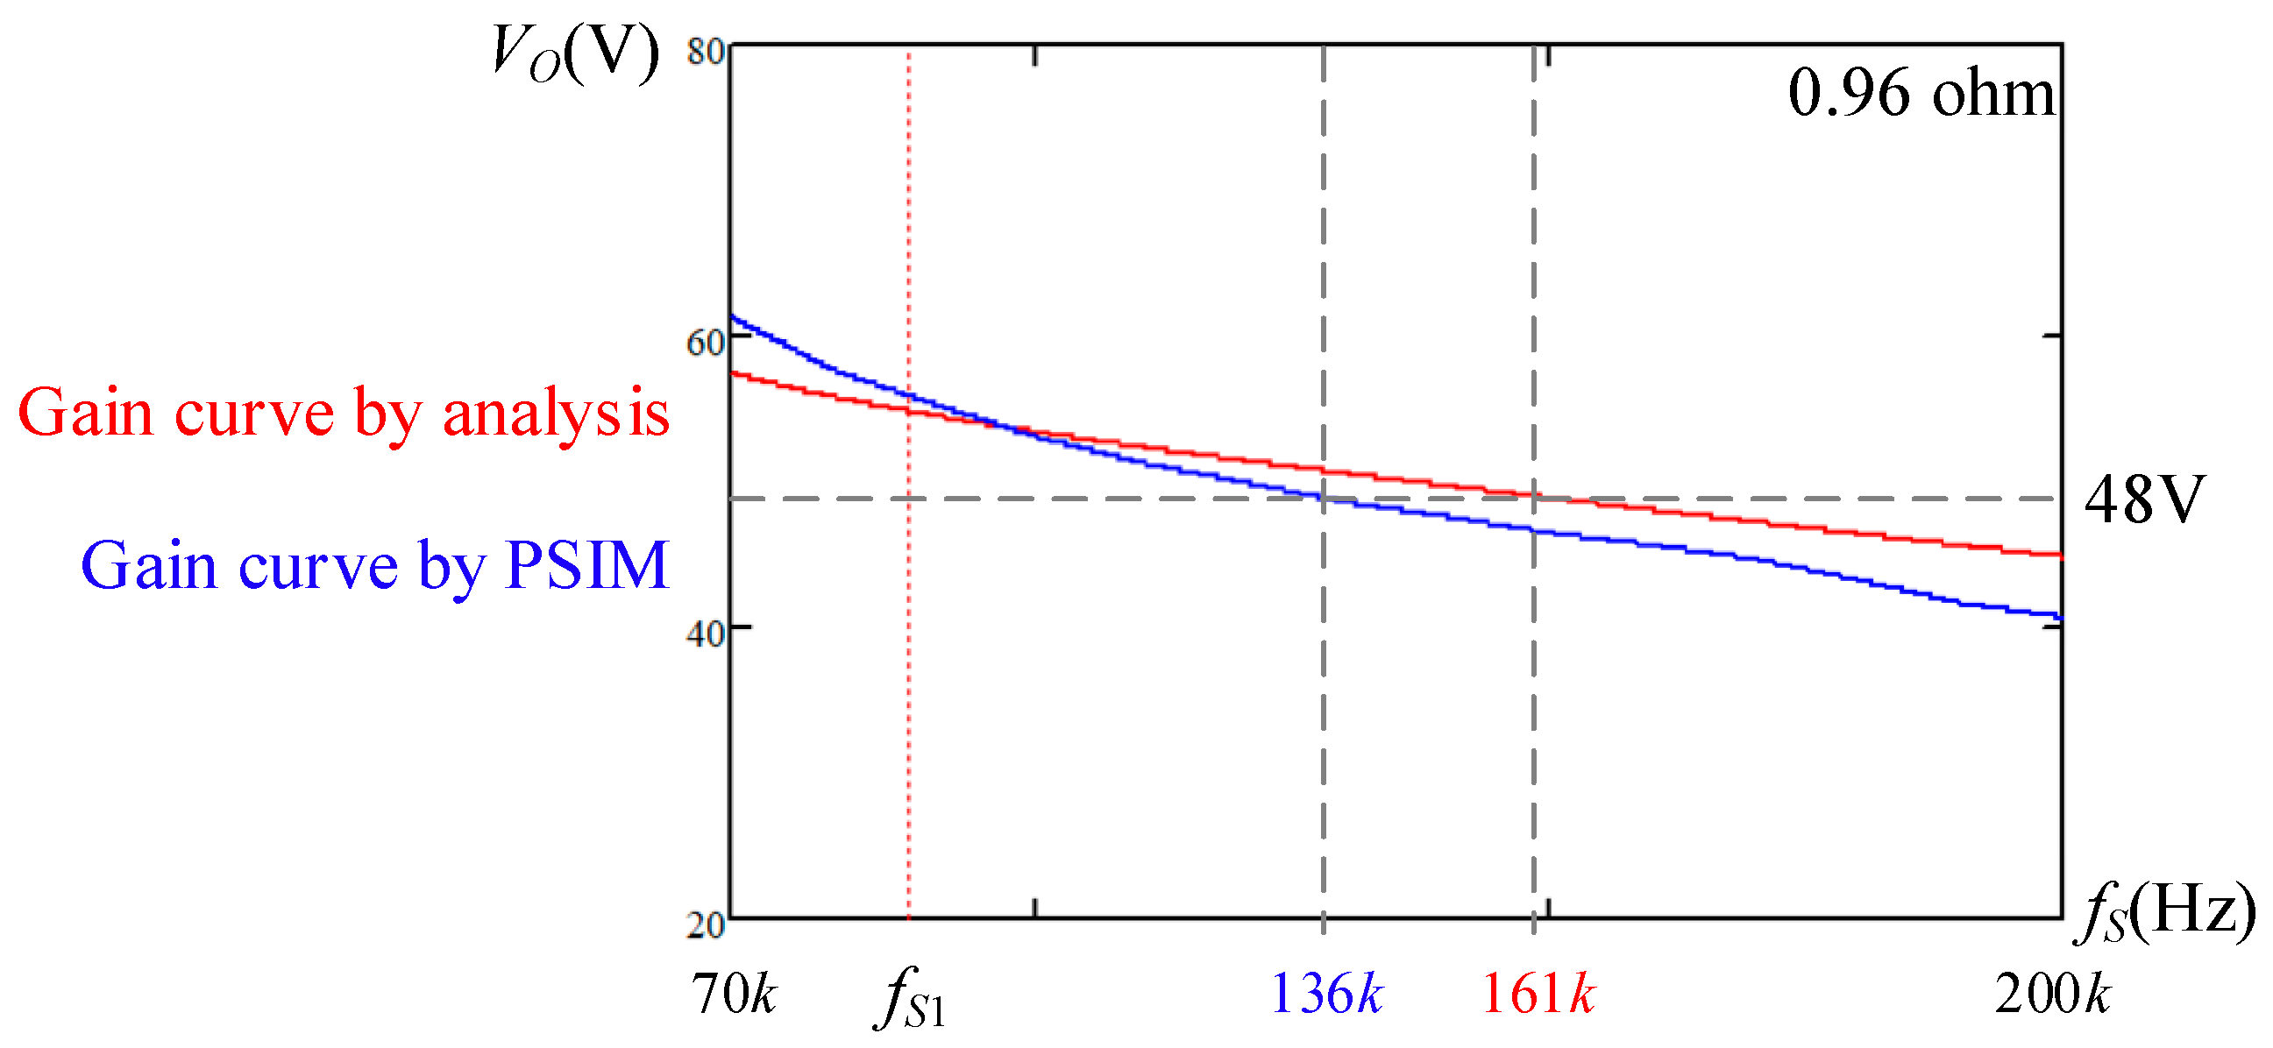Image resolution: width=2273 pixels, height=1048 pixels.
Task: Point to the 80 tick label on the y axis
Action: click(706, 52)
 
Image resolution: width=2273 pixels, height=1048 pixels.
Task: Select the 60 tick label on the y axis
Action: click(706, 343)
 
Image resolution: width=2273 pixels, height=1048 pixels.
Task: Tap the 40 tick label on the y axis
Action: click(706, 633)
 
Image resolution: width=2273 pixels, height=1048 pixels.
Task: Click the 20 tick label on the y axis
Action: click(706, 924)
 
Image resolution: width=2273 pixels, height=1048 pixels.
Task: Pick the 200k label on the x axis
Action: click(2052, 995)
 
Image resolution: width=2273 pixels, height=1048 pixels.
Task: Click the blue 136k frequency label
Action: click(1326, 995)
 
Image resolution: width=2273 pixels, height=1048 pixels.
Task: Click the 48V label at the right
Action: click(2144, 499)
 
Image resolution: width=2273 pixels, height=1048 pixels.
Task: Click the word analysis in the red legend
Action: click(556, 412)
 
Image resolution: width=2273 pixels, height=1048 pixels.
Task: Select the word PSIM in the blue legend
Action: click(586, 564)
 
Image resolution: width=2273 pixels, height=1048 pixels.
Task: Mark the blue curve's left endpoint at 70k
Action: click(733, 316)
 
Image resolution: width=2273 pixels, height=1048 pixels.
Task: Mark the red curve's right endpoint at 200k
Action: click(2059, 555)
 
